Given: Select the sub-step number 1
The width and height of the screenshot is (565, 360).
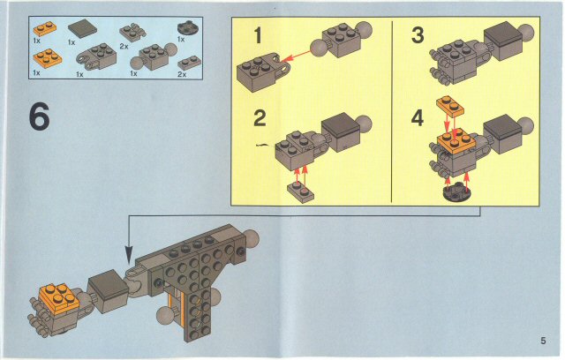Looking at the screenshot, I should [258, 36].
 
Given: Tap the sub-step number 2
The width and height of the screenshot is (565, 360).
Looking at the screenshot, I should [258, 116].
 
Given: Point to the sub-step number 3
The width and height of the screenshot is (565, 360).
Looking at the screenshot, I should [417, 36].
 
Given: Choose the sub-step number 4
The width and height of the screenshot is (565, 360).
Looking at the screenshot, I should [417, 116].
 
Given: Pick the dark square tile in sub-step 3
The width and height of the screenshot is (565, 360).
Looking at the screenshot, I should [501, 37].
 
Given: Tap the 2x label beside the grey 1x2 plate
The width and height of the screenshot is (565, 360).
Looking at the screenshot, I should [182, 74].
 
